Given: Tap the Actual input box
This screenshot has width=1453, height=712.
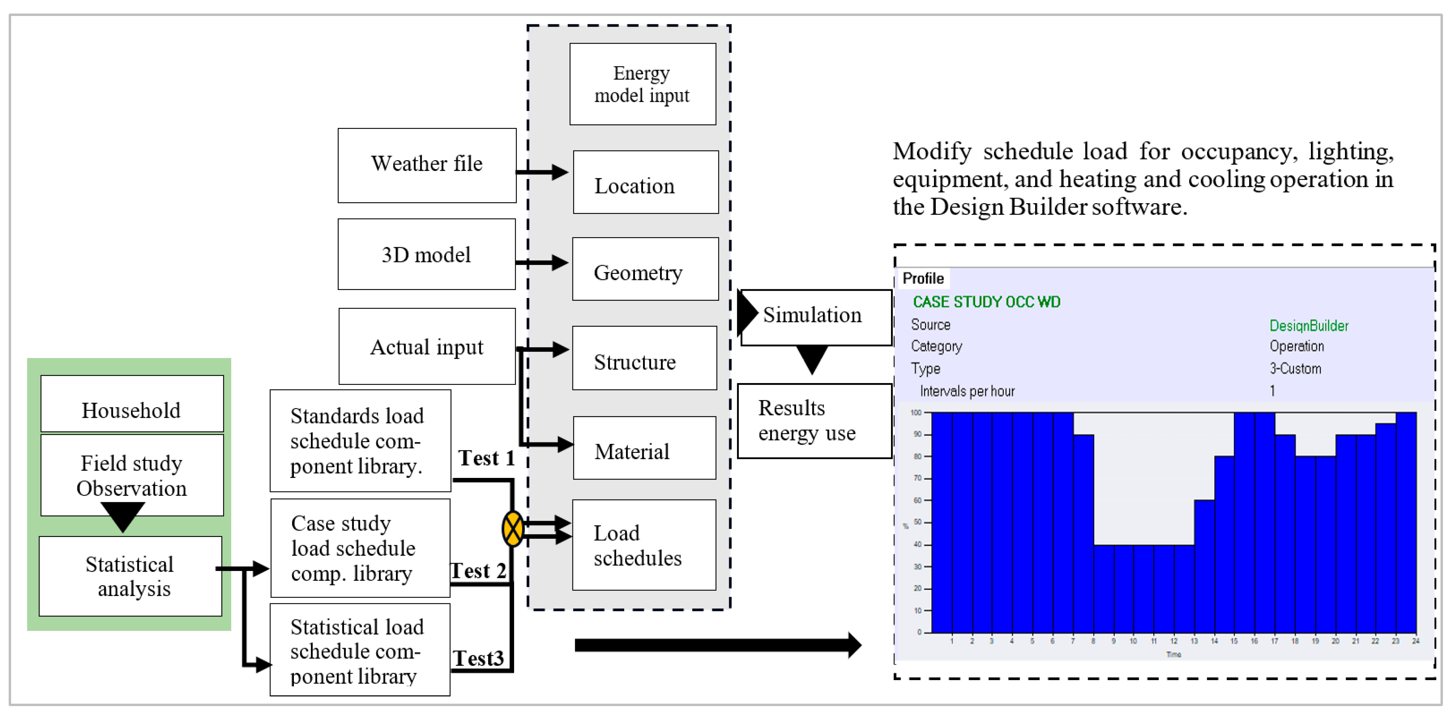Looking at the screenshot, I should coord(427,346).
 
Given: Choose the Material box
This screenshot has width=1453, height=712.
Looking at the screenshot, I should coord(644,448).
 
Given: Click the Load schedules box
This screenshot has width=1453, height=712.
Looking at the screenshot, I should coord(644,545).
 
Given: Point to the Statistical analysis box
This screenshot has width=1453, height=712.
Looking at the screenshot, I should coord(130,576).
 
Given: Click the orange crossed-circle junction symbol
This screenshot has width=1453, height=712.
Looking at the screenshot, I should coord(512,529).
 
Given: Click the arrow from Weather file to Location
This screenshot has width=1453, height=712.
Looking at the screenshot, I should coord(542,172).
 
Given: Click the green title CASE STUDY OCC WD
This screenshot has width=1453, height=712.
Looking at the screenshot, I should coord(986,302).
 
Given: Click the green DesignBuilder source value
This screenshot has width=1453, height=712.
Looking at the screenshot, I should coord(1308,325).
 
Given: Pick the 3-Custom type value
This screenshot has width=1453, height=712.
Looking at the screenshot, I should coord(1295,369).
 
